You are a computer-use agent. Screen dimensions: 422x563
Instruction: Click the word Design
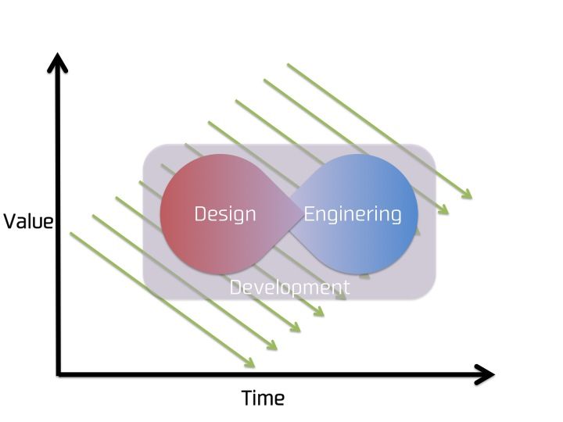[x=225, y=213]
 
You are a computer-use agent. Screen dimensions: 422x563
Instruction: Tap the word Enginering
[x=353, y=213]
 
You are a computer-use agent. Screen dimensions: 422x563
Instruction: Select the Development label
[x=289, y=287]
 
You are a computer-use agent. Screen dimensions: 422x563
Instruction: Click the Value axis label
[x=28, y=221]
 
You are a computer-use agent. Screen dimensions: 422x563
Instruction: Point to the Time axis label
[x=263, y=399]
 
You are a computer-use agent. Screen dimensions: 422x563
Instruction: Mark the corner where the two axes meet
[x=59, y=374]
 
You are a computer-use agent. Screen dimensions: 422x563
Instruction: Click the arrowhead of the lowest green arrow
[x=252, y=364]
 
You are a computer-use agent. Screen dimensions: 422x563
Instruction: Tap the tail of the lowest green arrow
[x=71, y=233]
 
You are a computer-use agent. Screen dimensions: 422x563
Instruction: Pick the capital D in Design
[x=200, y=213]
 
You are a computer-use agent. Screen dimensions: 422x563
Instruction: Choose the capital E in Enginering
[x=309, y=213]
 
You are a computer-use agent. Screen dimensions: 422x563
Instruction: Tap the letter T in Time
[x=246, y=399]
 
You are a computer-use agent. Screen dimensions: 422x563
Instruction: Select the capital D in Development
[x=235, y=287]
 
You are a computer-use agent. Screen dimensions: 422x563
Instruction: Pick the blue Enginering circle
[x=383, y=242]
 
